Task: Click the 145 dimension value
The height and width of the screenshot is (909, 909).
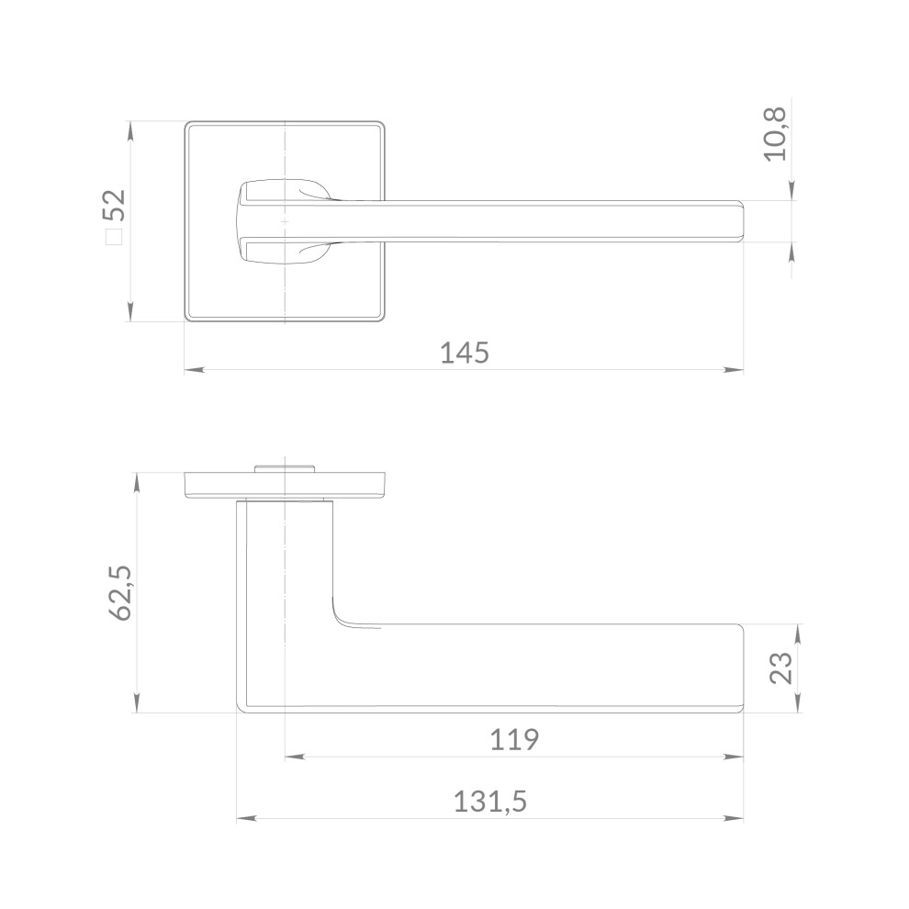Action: point(465,353)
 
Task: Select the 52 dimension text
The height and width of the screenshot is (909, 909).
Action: point(114,205)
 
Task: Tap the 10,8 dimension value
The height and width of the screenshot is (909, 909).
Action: point(775,134)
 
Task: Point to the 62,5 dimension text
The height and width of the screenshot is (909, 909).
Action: point(120,593)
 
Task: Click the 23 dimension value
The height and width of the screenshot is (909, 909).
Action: point(781,668)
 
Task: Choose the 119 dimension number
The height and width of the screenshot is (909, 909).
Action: point(514,740)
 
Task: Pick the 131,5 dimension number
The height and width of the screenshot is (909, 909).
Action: point(490,802)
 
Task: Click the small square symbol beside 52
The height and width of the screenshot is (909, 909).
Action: point(114,237)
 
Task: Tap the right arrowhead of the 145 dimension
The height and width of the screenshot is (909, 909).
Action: point(734,369)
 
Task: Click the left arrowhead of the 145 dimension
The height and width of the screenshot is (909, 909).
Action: point(195,369)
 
